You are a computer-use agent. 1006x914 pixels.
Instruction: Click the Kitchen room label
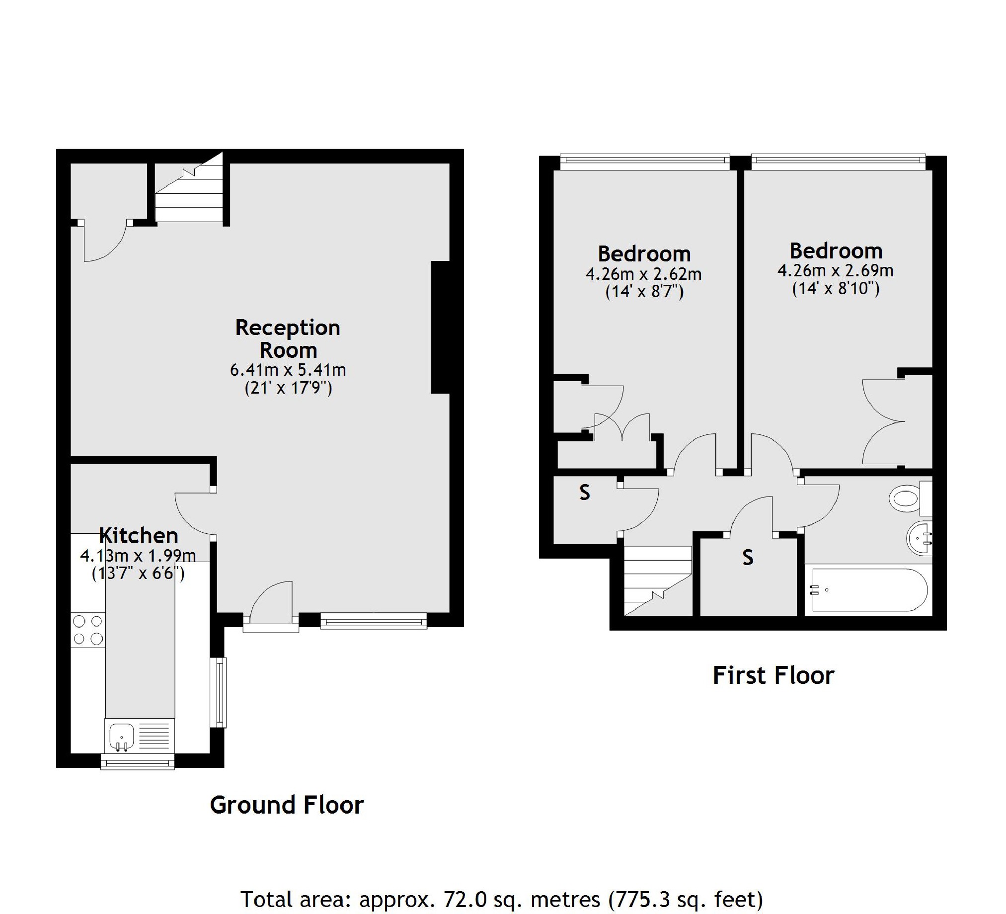pos(138,536)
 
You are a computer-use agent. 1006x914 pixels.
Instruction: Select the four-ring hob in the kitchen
pos(88,630)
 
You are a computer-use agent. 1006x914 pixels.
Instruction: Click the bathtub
pos(868,590)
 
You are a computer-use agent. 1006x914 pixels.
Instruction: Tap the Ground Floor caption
pos(287,805)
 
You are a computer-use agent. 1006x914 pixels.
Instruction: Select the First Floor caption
pos(773,675)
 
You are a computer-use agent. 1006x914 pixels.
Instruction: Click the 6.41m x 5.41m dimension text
pos(288,370)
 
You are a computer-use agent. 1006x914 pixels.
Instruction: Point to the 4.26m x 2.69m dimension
pos(835,270)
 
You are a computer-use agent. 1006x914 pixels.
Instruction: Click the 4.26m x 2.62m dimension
pos(643,274)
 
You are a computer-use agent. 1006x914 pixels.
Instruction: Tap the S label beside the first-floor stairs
pos(747,557)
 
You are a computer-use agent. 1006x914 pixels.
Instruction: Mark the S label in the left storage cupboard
pos(584,492)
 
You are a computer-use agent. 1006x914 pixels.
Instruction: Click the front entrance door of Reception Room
pos(271,606)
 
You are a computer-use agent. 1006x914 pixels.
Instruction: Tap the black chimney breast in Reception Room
pos(440,328)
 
